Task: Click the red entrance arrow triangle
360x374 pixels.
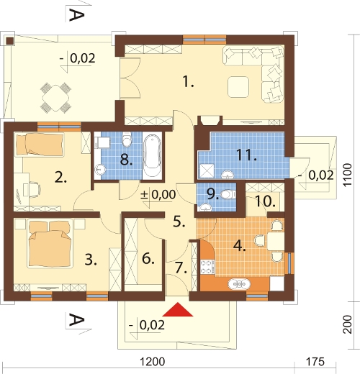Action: (178, 310)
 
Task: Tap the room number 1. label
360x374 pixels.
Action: (188, 81)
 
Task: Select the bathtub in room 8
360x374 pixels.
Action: (152, 156)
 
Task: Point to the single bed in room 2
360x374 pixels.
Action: (40, 144)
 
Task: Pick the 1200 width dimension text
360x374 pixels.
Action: (152, 362)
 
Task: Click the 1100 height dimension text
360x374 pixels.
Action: (347, 175)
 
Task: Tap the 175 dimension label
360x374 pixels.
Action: (315, 362)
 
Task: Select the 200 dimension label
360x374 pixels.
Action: (347, 324)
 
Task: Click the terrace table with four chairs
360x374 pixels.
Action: (55, 98)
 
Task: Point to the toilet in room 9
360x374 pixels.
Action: (228, 194)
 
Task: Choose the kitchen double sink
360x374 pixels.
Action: (239, 284)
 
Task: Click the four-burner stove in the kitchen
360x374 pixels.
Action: (207, 267)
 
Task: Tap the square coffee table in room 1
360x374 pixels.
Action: (238, 87)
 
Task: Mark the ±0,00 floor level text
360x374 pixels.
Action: (158, 194)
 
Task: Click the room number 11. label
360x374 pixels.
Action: (246, 155)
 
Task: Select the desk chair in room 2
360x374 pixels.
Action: (35, 189)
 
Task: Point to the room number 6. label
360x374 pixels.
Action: (148, 259)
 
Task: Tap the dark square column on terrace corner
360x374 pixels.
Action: (10, 41)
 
